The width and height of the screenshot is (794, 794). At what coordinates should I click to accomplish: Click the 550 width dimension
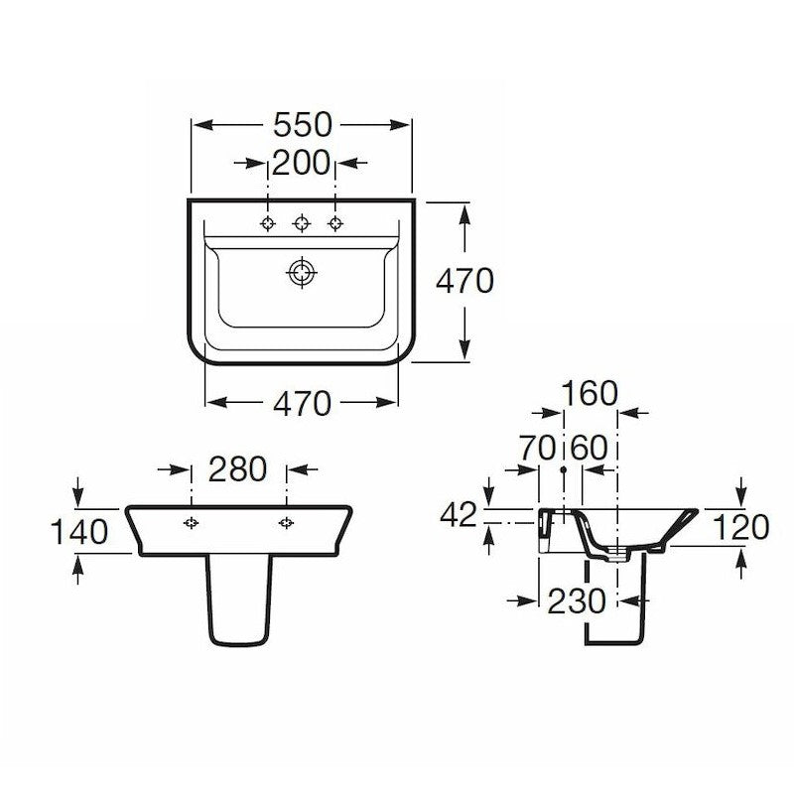pyautogui.click(x=303, y=125)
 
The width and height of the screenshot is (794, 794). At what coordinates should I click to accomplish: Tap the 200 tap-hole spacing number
pyautogui.click(x=301, y=163)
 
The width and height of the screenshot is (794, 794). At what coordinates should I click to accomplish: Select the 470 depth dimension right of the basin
pyautogui.click(x=464, y=281)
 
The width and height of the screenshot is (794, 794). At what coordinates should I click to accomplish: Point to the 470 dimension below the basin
pyautogui.click(x=303, y=404)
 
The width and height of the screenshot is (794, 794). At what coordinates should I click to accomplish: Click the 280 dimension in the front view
pyautogui.click(x=237, y=469)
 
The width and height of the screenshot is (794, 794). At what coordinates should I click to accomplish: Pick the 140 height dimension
pyautogui.click(x=79, y=532)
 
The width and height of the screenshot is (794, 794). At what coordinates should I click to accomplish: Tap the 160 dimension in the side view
pyautogui.click(x=590, y=393)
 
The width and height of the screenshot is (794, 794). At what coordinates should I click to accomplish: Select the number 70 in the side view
pyautogui.click(x=537, y=449)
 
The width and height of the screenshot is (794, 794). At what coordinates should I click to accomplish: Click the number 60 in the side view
pyautogui.click(x=589, y=449)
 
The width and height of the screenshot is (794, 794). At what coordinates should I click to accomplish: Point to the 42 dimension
pyautogui.click(x=459, y=515)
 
